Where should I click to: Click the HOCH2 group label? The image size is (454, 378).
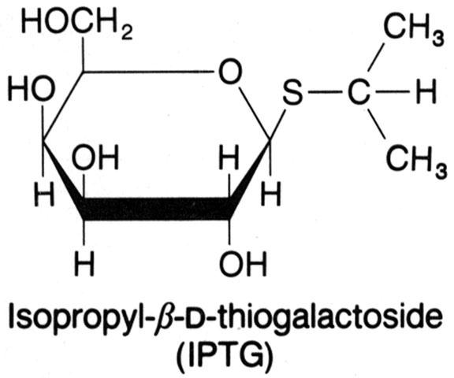(77, 24)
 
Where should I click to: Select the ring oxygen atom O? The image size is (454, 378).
(230, 71)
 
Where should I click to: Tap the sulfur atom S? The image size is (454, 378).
(292, 93)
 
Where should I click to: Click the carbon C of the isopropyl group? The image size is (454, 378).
(359, 92)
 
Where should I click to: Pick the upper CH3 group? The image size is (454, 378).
(414, 28)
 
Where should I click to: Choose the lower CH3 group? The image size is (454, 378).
(416, 160)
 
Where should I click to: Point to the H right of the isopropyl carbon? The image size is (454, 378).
(426, 92)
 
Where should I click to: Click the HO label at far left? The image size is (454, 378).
(32, 89)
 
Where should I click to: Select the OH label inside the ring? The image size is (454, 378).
(95, 157)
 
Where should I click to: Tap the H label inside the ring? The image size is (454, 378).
(229, 157)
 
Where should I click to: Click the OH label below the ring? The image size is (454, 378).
(243, 264)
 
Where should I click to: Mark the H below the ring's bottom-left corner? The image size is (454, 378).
(84, 264)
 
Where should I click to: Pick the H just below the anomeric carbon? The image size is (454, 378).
(270, 194)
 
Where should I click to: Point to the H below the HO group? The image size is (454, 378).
(44, 194)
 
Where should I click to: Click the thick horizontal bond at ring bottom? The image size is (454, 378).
(157, 209)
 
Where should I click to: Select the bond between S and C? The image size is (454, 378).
(326, 93)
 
